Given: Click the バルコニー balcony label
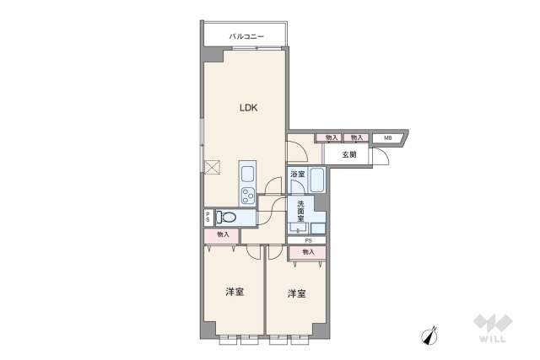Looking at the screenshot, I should pyautogui.click(x=247, y=36).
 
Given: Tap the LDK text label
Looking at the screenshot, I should pyautogui.click(x=247, y=108).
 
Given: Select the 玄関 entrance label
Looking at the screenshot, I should pyautogui.click(x=349, y=155).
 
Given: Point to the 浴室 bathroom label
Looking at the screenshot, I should pyautogui.click(x=297, y=175).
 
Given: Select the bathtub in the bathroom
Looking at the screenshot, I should pyautogui.click(x=317, y=180).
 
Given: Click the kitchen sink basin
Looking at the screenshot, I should pyautogui.click(x=249, y=174).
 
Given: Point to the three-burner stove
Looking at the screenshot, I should pyautogui.click(x=249, y=197).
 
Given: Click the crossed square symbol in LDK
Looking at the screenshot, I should pyautogui.click(x=211, y=167).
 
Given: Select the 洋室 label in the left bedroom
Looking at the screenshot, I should pyautogui.click(x=235, y=293).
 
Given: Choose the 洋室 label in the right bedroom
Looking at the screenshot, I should pyautogui.click(x=296, y=293).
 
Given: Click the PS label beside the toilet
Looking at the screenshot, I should pyautogui.click(x=208, y=218).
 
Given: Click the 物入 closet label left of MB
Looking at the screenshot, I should pyautogui.click(x=356, y=137).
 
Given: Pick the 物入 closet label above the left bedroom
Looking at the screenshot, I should pyautogui.click(x=222, y=235).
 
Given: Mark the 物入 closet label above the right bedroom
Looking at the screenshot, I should pyautogui.click(x=308, y=251).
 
